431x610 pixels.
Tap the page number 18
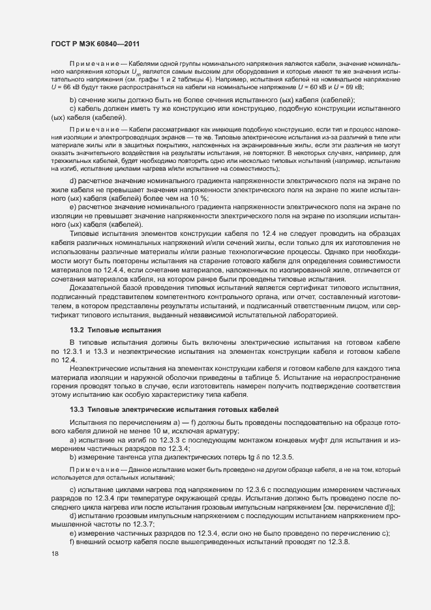click(55, 553)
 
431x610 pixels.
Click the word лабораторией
click(312, 315)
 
